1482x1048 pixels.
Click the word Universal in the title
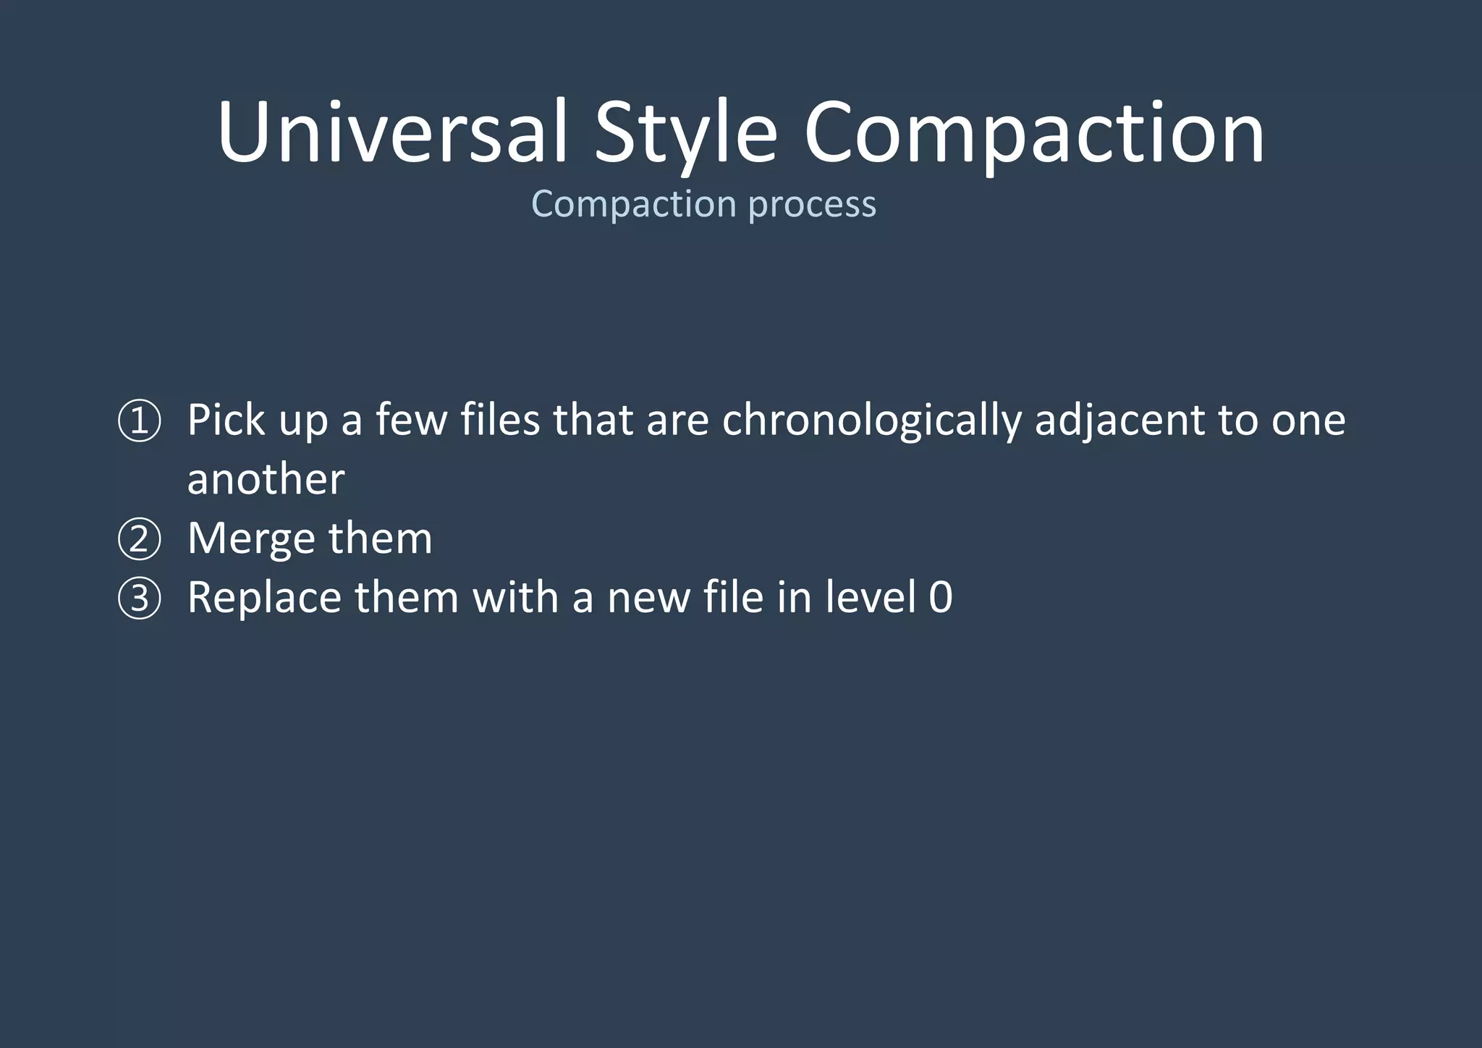pyautogui.click(x=391, y=132)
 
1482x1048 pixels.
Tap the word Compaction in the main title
pyautogui.click(x=1034, y=132)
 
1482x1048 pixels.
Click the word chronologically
pyautogui.click(x=871, y=421)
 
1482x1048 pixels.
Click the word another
pyautogui.click(x=266, y=479)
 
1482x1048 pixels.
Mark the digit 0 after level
pyautogui.click(x=940, y=598)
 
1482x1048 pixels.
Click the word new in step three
pyautogui.click(x=648, y=599)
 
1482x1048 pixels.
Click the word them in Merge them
pyautogui.click(x=380, y=538)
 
